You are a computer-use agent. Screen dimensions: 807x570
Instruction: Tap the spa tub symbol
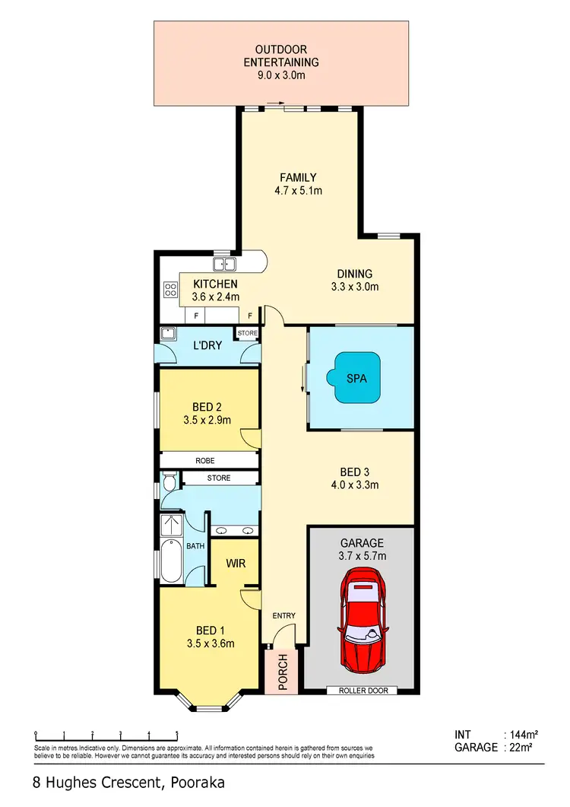[356, 378]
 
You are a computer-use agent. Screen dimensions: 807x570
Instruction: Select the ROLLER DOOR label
[359, 691]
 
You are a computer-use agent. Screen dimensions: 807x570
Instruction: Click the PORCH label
[283, 671]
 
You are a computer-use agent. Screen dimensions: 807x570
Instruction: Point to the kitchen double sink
[224, 265]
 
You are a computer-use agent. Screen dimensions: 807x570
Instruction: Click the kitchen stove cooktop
[170, 289]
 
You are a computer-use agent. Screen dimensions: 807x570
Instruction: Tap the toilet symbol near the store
[169, 481]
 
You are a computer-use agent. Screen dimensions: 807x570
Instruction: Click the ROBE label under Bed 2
[204, 461]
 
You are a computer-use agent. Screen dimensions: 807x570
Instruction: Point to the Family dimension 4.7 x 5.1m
[299, 191]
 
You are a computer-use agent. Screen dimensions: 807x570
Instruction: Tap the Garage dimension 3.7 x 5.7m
[361, 556]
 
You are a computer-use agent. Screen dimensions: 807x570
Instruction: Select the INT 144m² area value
[522, 735]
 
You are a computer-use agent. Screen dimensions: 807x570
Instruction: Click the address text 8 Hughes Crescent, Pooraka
[128, 782]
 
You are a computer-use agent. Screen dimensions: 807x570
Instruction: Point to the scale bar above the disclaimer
[106, 735]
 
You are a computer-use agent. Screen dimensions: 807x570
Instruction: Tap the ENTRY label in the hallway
[283, 615]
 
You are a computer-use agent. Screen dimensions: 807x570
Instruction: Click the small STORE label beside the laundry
[247, 333]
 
